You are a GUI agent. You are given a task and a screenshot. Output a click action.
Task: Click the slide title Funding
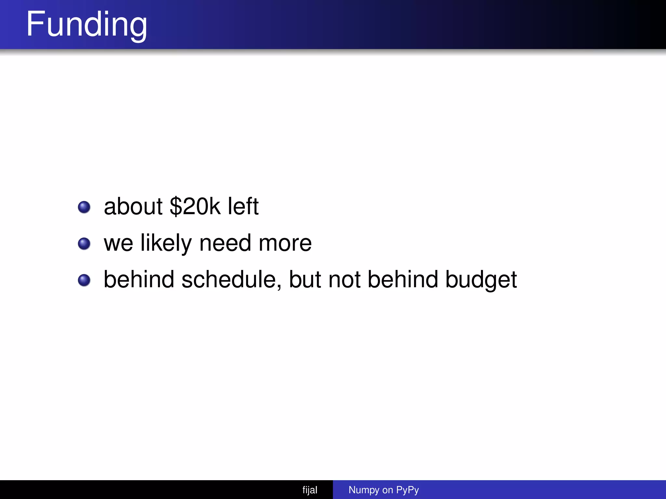pyautogui.click(x=87, y=25)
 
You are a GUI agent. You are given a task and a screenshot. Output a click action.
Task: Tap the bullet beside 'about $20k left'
pyautogui.click(x=84, y=207)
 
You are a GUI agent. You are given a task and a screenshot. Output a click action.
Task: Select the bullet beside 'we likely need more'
pyautogui.click(x=84, y=244)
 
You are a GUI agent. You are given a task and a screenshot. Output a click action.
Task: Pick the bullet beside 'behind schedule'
pyautogui.click(x=84, y=280)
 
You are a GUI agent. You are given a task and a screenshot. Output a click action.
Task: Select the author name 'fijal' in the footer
pyautogui.click(x=310, y=490)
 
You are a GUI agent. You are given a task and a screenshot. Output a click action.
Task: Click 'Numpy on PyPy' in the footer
pyautogui.click(x=383, y=490)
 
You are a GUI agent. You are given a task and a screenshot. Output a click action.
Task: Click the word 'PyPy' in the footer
pyautogui.click(x=407, y=490)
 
